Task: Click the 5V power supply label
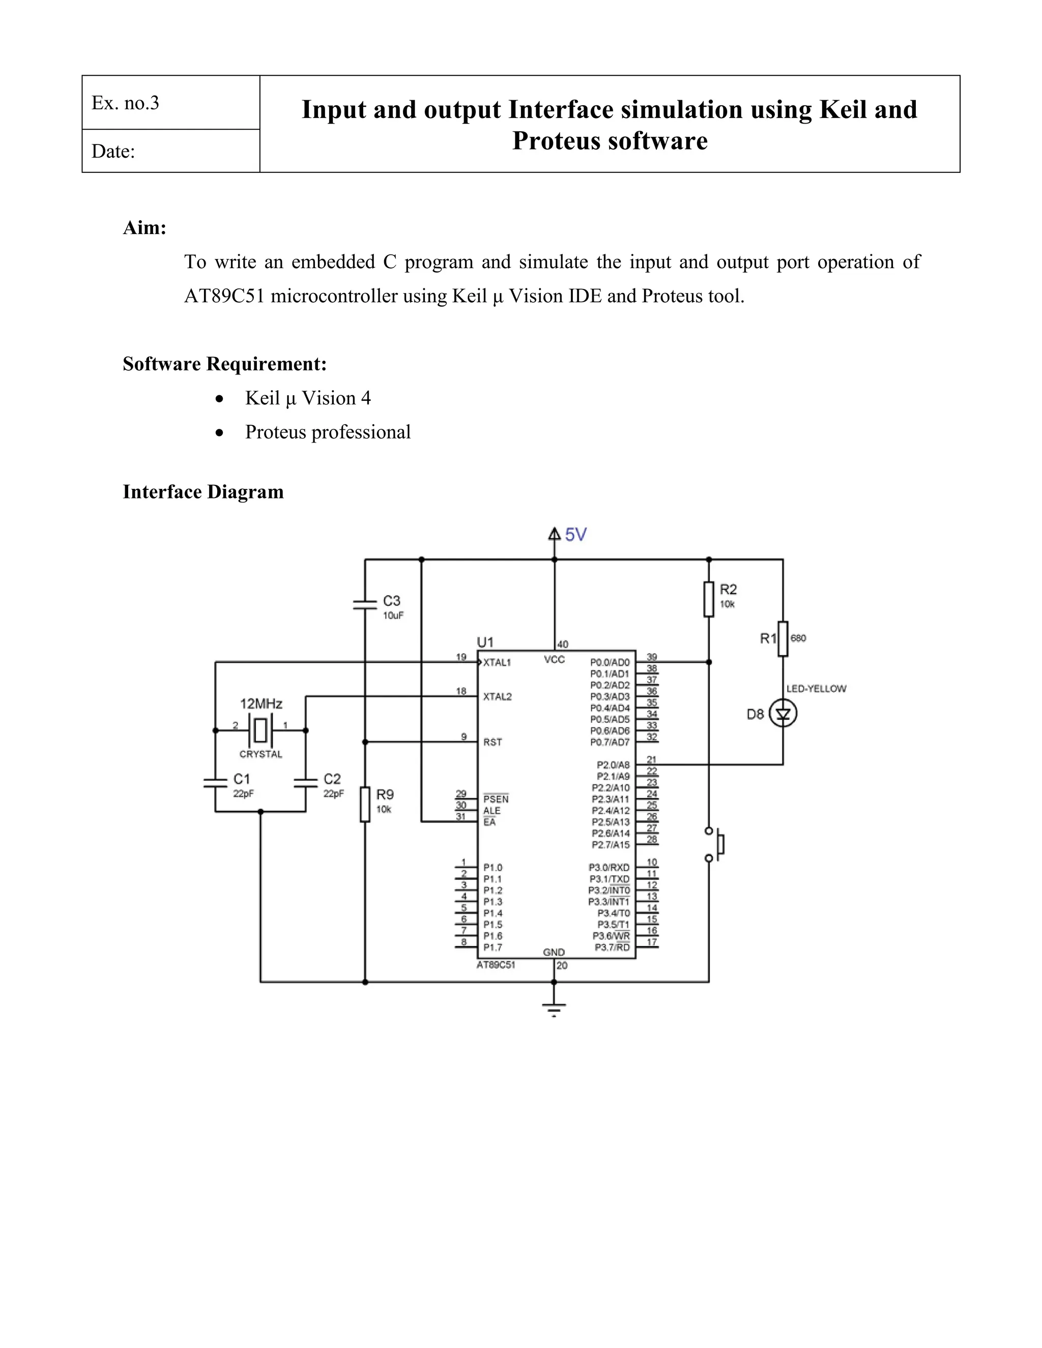[575, 535]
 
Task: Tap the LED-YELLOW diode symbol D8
[783, 714]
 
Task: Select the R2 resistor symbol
[709, 599]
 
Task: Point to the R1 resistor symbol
[783, 638]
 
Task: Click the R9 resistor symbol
[365, 804]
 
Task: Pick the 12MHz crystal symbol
[260, 730]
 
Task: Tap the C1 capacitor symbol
[215, 783]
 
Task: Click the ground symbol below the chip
[554, 1009]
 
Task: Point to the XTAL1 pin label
[497, 663]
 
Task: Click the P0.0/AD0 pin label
[610, 663]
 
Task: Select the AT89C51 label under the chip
[496, 964]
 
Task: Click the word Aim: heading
[144, 228]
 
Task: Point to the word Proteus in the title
[556, 141]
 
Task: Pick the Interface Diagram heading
[203, 492]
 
